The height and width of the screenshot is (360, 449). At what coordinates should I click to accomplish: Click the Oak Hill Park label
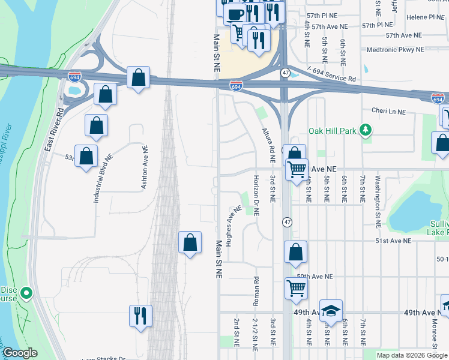333,130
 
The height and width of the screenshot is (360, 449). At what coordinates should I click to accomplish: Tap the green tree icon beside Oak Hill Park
365,130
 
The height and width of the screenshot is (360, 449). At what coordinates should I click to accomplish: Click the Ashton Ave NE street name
144,167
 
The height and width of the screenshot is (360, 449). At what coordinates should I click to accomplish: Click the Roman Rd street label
256,288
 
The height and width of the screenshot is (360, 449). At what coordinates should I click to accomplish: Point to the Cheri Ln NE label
388,112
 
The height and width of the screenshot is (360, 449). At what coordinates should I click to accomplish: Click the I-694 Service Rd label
331,75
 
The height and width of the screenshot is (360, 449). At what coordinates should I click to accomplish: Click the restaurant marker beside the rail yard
140,315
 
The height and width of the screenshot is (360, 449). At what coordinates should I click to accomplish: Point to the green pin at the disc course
26,293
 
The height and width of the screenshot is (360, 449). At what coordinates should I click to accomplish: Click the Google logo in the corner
20,353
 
